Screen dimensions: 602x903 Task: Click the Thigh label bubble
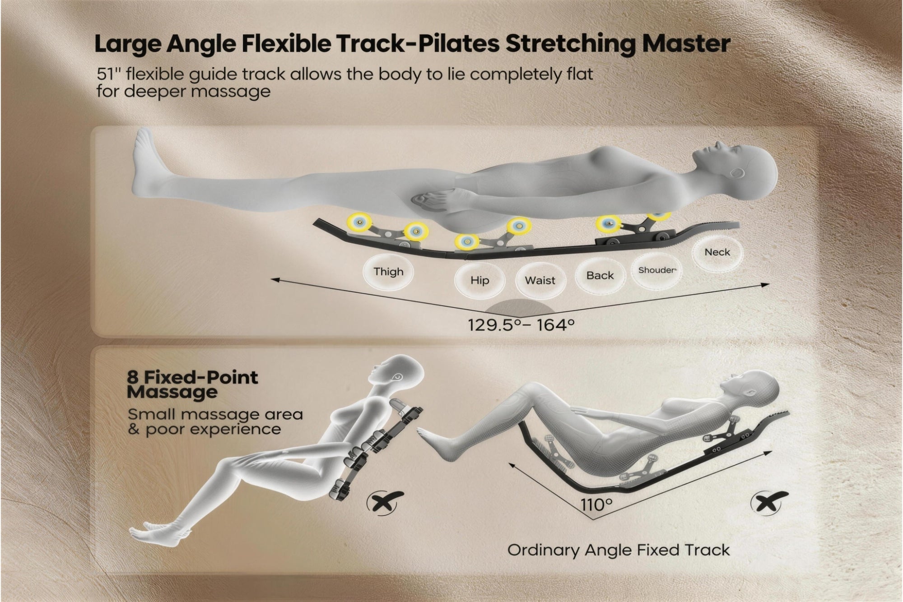388,272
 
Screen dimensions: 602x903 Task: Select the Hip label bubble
479,280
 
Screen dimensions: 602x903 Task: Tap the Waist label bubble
540,280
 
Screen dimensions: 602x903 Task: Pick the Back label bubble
600,275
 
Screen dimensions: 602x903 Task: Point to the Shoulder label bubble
657,270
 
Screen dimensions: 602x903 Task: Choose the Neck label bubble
717,252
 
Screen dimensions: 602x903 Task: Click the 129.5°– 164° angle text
521,324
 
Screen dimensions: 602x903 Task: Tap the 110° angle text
596,505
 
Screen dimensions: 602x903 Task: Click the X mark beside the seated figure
385,502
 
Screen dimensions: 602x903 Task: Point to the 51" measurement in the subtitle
107,74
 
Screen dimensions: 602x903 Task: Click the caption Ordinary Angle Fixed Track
619,550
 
